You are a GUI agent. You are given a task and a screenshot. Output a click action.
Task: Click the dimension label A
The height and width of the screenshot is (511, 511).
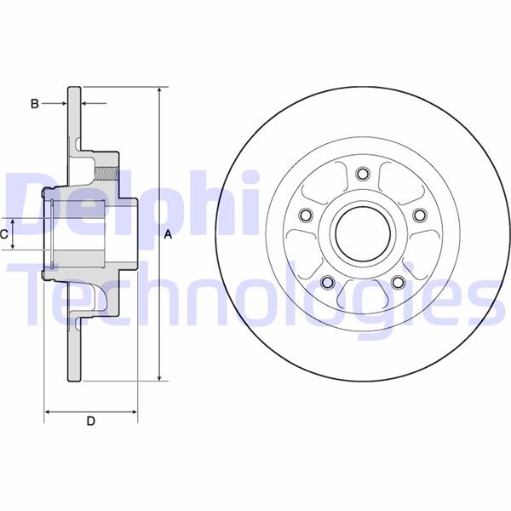[x=169, y=234]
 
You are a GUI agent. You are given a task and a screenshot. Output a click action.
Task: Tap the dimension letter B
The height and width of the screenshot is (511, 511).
[x=34, y=104]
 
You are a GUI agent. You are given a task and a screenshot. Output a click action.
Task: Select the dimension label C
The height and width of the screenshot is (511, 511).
[x=4, y=233]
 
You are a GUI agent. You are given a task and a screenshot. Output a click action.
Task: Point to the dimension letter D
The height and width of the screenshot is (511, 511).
[x=90, y=421]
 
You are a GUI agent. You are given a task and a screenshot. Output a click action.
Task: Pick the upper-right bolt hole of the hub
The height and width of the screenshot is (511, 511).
[x=419, y=215]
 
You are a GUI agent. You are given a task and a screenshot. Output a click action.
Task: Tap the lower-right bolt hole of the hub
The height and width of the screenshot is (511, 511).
[x=397, y=283]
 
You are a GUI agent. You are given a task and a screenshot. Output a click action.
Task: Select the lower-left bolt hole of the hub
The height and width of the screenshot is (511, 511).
[x=325, y=283]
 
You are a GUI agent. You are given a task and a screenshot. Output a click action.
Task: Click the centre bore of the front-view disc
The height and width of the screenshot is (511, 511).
[x=361, y=233]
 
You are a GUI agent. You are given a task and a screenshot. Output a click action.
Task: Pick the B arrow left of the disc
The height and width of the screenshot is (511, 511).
[x=60, y=104]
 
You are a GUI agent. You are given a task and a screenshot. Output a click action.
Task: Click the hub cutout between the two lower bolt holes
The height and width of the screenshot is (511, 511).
[x=361, y=293]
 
